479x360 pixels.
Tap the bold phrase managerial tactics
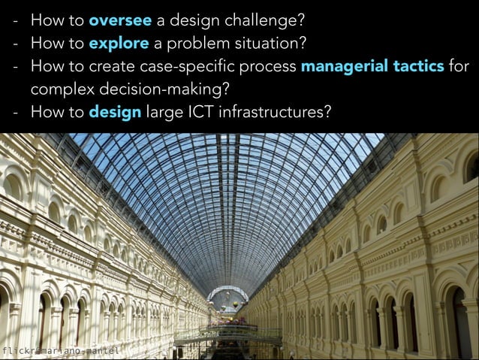(372, 65)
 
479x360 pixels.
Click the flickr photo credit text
(59, 351)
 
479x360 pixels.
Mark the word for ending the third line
(459, 65)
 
